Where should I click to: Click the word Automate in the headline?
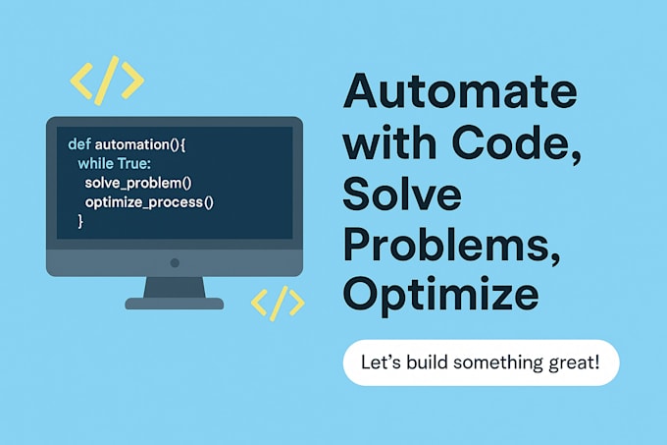(459, 94)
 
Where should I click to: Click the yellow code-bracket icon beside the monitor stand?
(278, 304)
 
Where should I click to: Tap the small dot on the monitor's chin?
(175, 262)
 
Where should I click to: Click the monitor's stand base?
(175, 304)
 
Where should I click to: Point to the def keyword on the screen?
(79, 143)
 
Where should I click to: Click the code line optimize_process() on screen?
(149, 203)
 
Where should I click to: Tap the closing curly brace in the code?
(80, 223)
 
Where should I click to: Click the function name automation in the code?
(131, 143)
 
